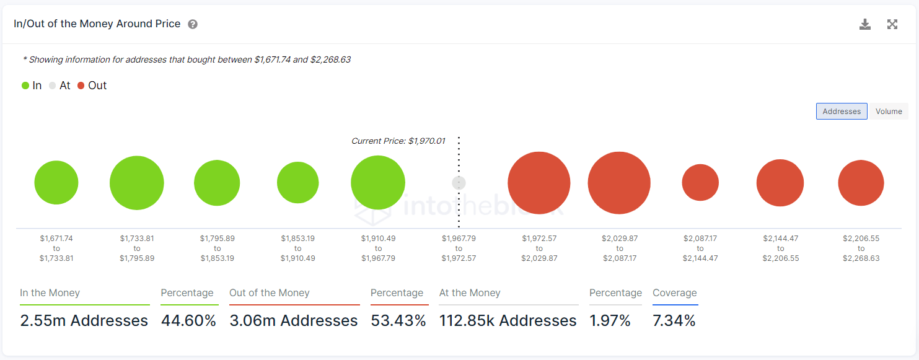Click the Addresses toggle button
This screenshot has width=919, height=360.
(x=842, y=112)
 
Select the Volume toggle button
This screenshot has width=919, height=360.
(x=889, y=112)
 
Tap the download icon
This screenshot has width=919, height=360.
(x=865, y=24)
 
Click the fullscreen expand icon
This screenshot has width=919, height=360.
(x=892, y=24)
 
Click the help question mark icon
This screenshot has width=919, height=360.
(x=193, y=24)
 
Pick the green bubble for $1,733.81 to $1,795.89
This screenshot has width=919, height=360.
(x=137, y=183)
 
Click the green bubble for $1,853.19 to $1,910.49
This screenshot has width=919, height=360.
(x=298, y=183)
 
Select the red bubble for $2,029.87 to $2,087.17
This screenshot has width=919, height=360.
(x=619, y=183)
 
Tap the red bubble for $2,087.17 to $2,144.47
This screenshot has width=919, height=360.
(x=700, y=183)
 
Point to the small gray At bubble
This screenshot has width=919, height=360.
(x=459, y=183)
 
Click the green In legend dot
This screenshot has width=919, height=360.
(x=25, y=86)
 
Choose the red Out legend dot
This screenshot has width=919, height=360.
(x=81, y=86)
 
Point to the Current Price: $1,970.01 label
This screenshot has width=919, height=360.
(x=398, y=141)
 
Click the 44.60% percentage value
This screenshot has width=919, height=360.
(x=188, y=320)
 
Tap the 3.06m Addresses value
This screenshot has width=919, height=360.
(x=294, y=320)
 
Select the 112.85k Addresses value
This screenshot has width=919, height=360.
(x=508, y=320)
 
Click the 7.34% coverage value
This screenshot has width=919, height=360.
(x=674, y=320)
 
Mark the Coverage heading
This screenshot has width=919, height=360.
(x=674, y=293)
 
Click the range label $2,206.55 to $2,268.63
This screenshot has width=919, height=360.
(x=861, y=248)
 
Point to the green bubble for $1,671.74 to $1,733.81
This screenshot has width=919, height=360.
(x=56, y=183)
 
